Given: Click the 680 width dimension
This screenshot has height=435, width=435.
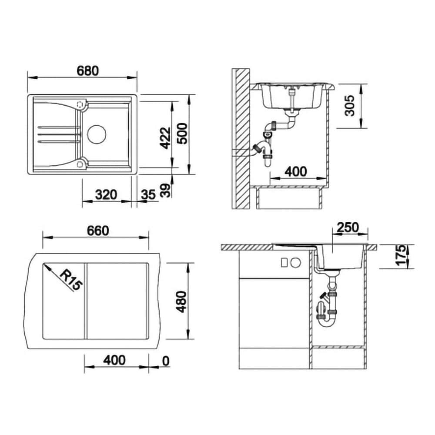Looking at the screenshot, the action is (88, 71).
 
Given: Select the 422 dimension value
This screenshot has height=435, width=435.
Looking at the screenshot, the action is (166, 138).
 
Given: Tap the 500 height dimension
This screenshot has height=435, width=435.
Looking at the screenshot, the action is (182, 134).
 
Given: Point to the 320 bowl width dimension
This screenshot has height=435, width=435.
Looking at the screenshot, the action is (106, 195).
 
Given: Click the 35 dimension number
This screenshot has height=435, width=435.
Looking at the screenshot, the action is (148, 195).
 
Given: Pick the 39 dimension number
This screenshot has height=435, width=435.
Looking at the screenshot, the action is (166, 191).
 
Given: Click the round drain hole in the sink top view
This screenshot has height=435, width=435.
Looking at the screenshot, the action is (97, 134).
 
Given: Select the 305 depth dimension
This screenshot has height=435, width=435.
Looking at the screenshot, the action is (349, 105).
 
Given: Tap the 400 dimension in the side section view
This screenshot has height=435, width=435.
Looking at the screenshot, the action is (296, 172).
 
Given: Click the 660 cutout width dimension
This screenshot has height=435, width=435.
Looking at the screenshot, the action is (97, 231).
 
